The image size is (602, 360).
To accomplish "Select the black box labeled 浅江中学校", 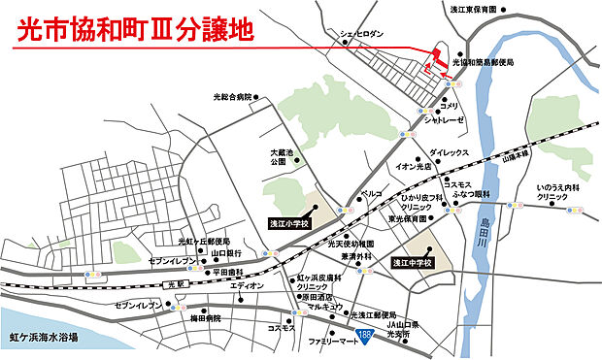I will tap(412, 262).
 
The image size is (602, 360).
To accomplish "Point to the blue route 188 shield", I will tap(364, 335).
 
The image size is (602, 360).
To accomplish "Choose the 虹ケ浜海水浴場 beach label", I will tap(42, 338).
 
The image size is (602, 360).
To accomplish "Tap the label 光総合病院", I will tap(231, 97).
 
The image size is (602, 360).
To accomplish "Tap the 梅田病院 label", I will tap(205, 317).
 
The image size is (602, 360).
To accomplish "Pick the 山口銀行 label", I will tap(226, 254).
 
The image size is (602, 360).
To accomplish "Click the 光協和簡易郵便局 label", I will tap(480, 62).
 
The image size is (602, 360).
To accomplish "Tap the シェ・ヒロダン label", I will tap(359, 33).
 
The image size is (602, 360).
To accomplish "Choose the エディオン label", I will tap(247, 286).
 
